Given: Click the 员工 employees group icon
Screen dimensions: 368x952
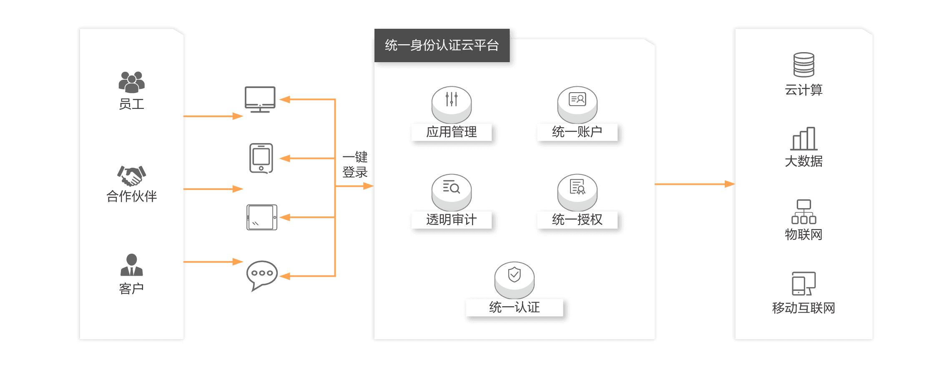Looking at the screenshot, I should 131,82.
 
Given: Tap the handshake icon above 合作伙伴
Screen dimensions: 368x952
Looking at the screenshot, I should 131,176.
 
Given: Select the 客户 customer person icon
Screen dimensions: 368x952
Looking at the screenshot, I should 131,265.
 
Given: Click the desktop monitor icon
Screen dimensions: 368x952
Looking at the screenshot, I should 260,100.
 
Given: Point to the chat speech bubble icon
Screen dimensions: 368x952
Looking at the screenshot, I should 262,275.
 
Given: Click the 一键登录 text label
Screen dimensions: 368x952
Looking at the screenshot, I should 355,165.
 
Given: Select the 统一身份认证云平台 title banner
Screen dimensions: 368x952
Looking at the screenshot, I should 442,45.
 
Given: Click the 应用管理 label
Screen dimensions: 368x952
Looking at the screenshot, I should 451,132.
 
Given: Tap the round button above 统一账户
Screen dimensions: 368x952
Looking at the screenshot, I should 577,104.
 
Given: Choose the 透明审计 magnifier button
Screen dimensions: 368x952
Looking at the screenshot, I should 451,192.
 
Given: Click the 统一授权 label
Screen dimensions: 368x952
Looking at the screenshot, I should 577,220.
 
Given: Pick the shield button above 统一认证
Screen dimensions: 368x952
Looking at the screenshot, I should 514,279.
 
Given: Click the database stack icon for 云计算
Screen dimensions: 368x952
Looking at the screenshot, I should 804,65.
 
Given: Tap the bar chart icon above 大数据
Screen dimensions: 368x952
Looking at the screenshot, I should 804,139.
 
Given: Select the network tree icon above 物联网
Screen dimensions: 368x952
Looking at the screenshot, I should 804,212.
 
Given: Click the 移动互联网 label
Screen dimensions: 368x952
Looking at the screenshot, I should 804,308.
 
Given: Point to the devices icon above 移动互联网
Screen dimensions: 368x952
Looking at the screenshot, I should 804,284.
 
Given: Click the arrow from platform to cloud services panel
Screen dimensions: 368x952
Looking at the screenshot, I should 694,184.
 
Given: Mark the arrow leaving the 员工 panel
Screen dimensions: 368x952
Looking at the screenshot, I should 213,116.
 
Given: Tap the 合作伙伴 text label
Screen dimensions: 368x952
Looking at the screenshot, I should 131,196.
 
